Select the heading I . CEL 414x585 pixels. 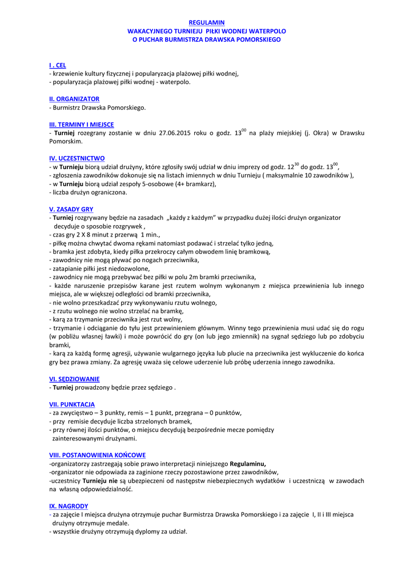(58, 65)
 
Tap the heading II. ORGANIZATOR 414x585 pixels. (74, 99)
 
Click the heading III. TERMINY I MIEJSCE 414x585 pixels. (81, 124)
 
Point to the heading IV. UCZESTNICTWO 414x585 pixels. (77, 158)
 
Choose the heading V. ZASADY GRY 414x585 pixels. (71, 209)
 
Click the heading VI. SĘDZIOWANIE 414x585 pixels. (74, 379)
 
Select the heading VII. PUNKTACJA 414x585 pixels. (72, 404)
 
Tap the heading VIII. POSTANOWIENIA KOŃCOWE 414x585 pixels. (97, 455)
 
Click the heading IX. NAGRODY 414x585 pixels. (69, 506)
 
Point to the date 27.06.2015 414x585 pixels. (174, 133)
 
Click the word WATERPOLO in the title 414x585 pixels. (264, 31)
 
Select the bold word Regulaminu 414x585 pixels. (247, 463)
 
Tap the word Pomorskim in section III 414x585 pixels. (65, 141)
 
